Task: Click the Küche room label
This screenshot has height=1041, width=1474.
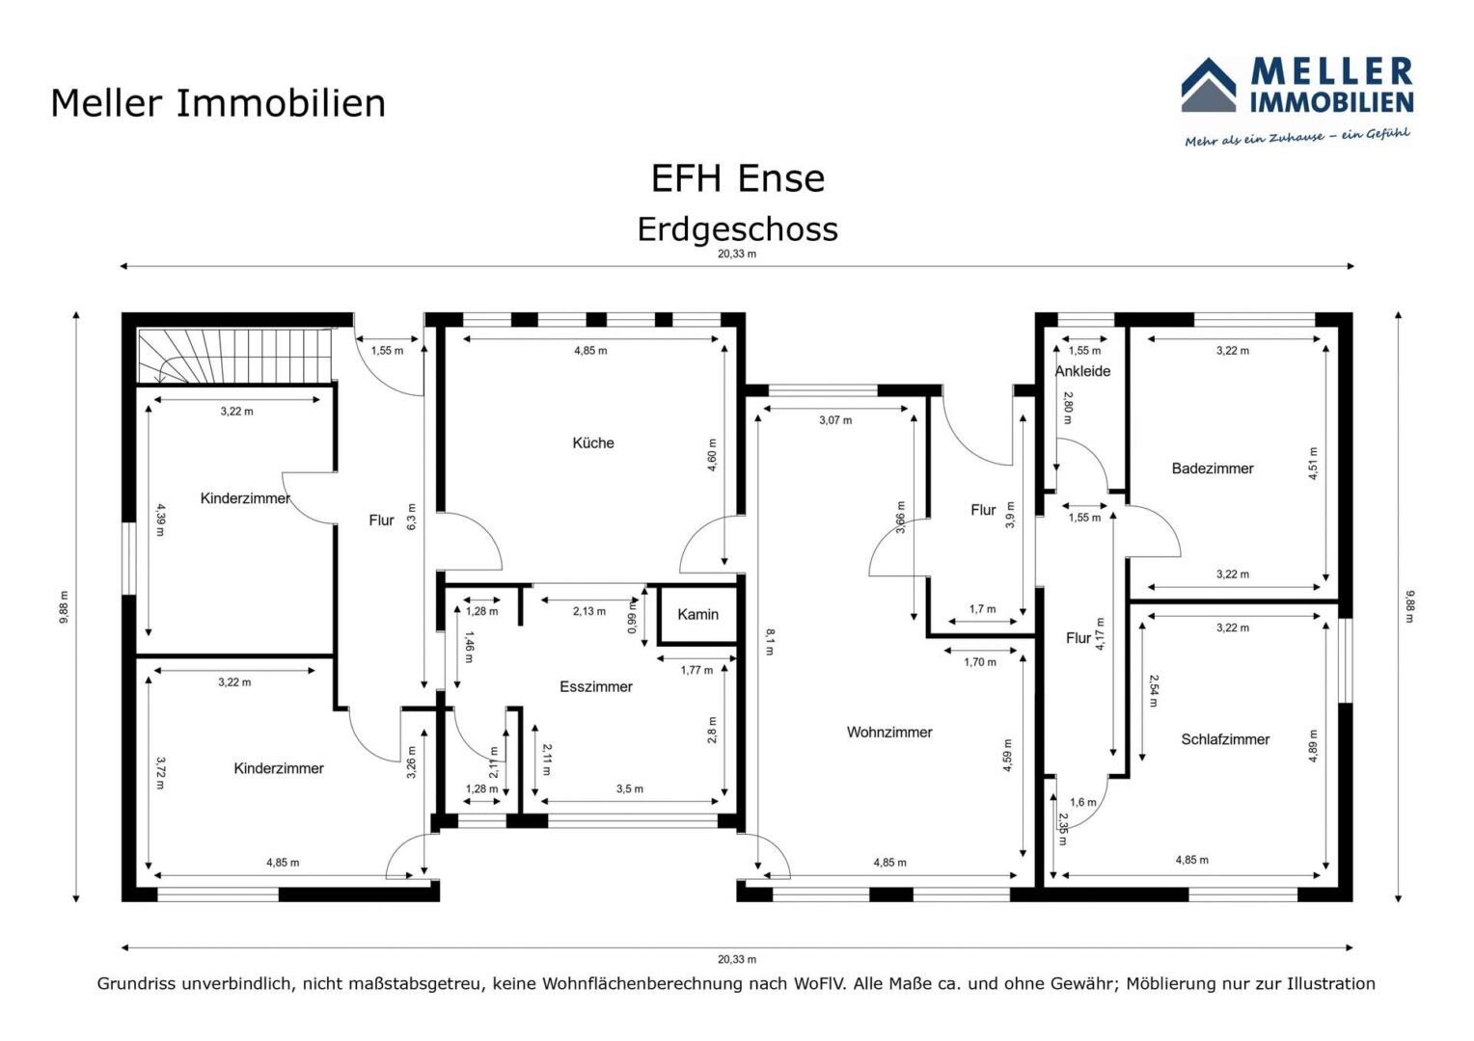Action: pyautogui.click(x=593, y=443)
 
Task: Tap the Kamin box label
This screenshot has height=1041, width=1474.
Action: pyautogui.click(x=697, y=614)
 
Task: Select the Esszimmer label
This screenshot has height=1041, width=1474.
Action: pyautogui.click(x=595, y=686)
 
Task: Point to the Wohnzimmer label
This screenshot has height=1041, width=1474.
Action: pyautogui.click(x=889, y=732)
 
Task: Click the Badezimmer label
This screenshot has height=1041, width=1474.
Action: pyautogui.click(x=1213, y=468)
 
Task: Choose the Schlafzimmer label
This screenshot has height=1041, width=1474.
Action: pyautogui.click(x=1224, y=739)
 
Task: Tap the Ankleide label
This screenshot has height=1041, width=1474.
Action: pyautogui.click(x=1082, y=371)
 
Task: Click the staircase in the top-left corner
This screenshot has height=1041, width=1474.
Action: pyautogui.click(x=235, y=356)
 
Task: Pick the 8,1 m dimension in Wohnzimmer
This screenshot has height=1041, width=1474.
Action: pyautogui.click(x=770, y=642)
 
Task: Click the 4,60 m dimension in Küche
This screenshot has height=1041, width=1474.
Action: pyautogui.click(x=712, y=455)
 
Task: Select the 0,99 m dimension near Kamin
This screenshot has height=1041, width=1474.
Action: pyautogui.click(x=633, y=616)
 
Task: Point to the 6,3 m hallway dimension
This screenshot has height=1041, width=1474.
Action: pyautogui.click(x=412, y=517)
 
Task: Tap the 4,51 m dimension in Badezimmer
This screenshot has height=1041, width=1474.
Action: pyautogui.click(x=1313, y=464)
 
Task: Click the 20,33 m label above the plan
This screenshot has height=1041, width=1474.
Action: pyautogui.click(x=736, y=254)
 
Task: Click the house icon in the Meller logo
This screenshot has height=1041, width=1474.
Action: pyautogui.click(x=1208, y=85)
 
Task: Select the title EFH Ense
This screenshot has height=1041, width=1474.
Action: pyautogui.click(x=737, y=177)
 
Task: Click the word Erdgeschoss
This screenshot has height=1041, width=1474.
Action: pyautogui.click(x=737, y=229)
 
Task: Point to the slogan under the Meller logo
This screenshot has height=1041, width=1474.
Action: pyautogui.click(x=1297, y=137)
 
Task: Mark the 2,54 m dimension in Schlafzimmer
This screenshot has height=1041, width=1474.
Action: pyautogui.click(x=1154, y=690)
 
